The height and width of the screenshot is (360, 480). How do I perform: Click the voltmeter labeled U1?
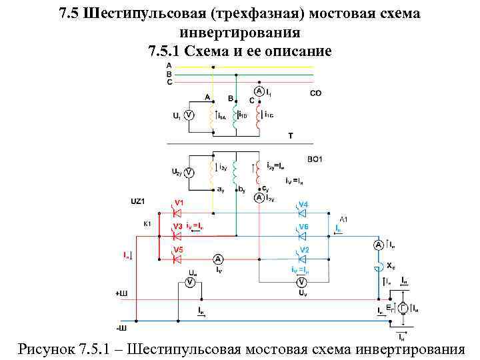[x=189, y=115]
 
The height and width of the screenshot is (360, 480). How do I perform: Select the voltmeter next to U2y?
[x=189, y=173]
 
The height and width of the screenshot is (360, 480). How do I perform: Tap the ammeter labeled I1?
[x=258, y=91]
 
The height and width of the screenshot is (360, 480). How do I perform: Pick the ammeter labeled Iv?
[x=218, y=259]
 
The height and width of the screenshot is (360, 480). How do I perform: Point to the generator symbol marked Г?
[x=403, y=308]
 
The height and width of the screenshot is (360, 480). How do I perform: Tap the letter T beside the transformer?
[x=290, y=135]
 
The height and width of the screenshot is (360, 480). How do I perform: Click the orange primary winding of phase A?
[x=213, y=116]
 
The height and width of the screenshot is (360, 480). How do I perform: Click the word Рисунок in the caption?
[x=46, y=348]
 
